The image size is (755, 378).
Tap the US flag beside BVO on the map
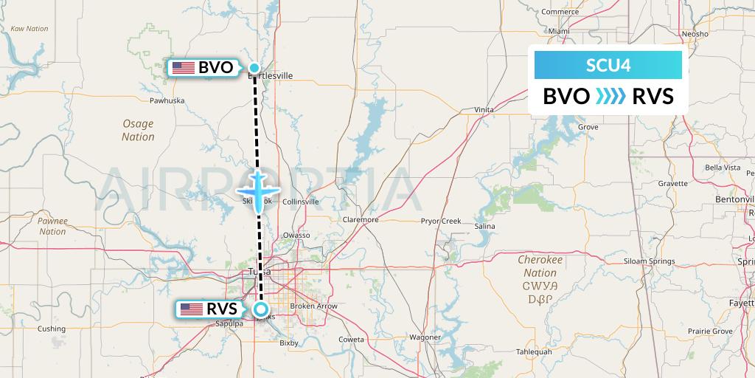tap(183, 68)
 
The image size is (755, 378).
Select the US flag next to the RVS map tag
tap(191, 309)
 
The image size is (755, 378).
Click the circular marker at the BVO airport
tap(254, 68)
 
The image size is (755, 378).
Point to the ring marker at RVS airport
tap(260, 309)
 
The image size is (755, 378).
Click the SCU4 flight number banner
tap(608, 65)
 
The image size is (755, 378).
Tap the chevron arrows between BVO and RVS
tap(609, 96)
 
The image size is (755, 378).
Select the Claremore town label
tap(361, 220)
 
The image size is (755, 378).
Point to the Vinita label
tap(484, 109)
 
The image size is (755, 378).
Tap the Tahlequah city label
tap(534, 351)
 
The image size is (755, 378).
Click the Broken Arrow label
tap(313, 306)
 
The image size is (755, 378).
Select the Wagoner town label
tap(425, 337)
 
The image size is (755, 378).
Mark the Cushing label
tap(52, 329)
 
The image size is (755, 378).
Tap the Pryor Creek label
tap(440, 221)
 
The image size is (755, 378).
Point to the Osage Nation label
tap(138, 130)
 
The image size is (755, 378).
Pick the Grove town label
tap(588, 127)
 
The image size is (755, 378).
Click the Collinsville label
tap(300, 201)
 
